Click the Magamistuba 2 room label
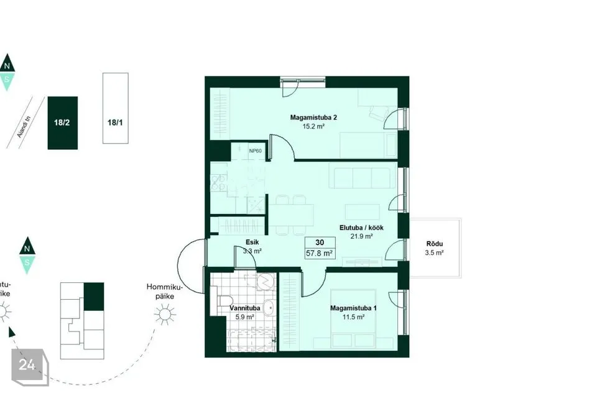pyautogui.click(x=313, y=118)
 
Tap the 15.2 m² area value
pyautogui.click(x=313, y=126)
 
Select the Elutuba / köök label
pyautogui.click(x=361, y=228)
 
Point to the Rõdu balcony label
pyautogui.click(x=435, y=244)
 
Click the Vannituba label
pyautogui.click(x=245, y=308)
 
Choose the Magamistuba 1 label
pyautogui.click(x=353, y=308)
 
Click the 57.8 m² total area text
pyautogui.click(x=320, y=253)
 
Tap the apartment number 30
pyautogui.click(x=320, y=243)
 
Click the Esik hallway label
pyautogui.click(x=252, y=242)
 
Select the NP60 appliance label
pyautogui.click(x=256, y=151)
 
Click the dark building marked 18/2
pyautogui.click(x=62, y=123)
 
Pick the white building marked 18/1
pyautogui.click(x=116, y=108)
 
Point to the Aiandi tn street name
pyautogui.click(x=24, y=127)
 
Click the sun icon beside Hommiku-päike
pyautogui.click(x=165, y=314)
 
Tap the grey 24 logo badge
pyautogui.click(x=30, y=367)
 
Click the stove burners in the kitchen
pyautogui.click(x=218, y=182)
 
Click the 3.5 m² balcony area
pyautogui.click(x=435, y=253)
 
